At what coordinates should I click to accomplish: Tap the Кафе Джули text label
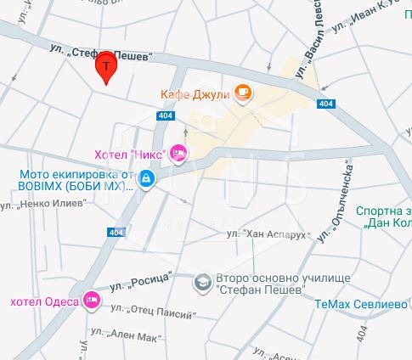(x=195, y=93)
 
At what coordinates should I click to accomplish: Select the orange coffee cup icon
(x=243, y=93)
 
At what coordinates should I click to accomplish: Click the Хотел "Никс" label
(x=129, y=154)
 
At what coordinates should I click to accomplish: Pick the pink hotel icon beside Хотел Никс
(x=178, y=153)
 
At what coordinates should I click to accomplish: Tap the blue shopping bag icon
(x=147, y=178)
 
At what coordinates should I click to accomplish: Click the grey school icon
(x=202, y=281)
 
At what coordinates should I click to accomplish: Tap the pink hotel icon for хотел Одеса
(x=93, y=301)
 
